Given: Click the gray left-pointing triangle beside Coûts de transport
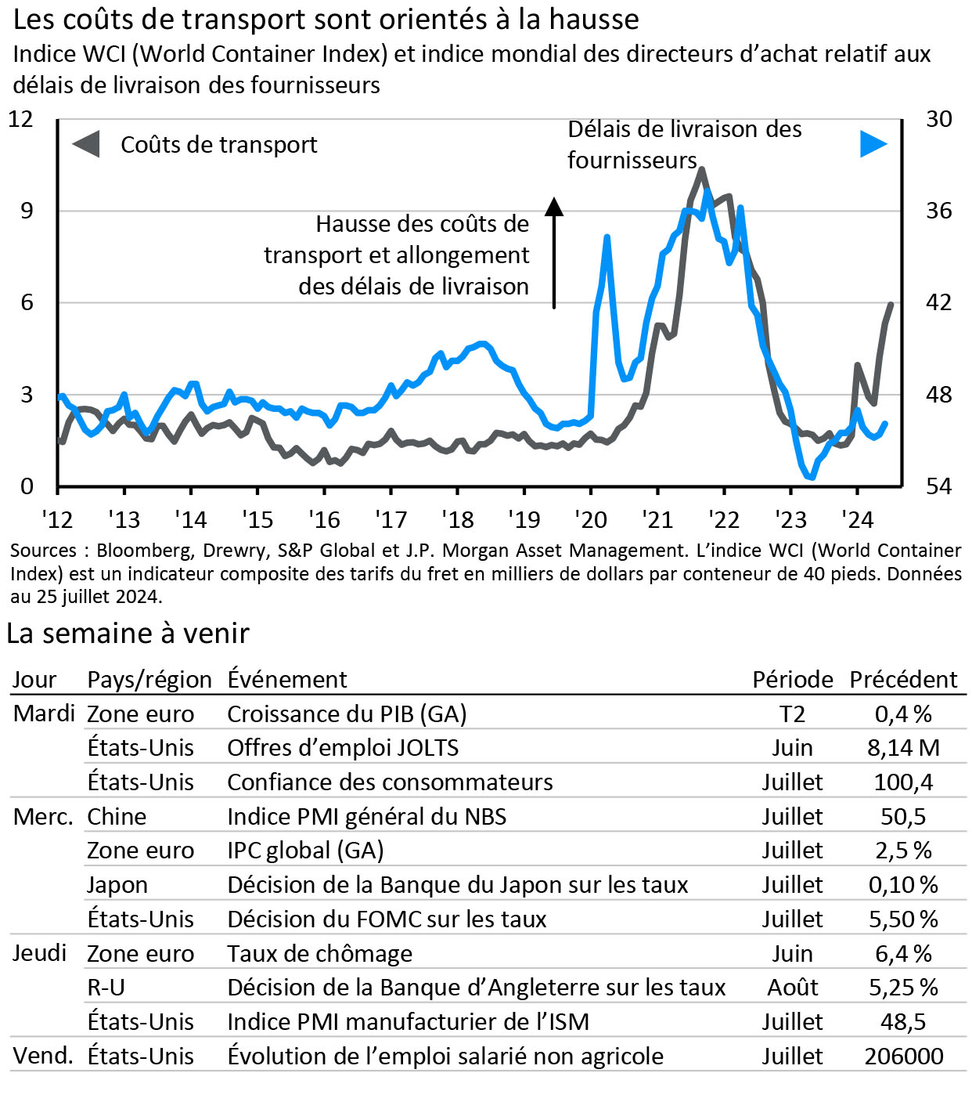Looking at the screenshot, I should [86, 144].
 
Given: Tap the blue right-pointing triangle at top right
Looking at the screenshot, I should [873, 144].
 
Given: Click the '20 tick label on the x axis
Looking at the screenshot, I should [591, 519].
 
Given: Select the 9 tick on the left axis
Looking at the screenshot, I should [27, 211].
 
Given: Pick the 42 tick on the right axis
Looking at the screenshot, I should [939, 302].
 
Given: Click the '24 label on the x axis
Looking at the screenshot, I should [857, 519].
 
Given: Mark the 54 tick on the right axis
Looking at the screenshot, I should [939, 486].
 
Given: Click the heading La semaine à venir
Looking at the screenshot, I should [128, 633].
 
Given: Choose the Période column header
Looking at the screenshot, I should [793, 679].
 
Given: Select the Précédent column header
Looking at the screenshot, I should [903, 679].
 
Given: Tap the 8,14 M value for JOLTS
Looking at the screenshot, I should [903, 748].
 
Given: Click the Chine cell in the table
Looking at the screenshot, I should [117, 816].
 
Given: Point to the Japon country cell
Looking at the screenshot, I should [117, 885].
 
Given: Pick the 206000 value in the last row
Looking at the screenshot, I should [904, 1057].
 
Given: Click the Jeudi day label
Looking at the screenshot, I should [40, 953].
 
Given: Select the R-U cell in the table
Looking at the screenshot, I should [106, 988].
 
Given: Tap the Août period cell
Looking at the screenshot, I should [793, 988].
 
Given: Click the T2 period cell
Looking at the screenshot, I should [793, 713].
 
